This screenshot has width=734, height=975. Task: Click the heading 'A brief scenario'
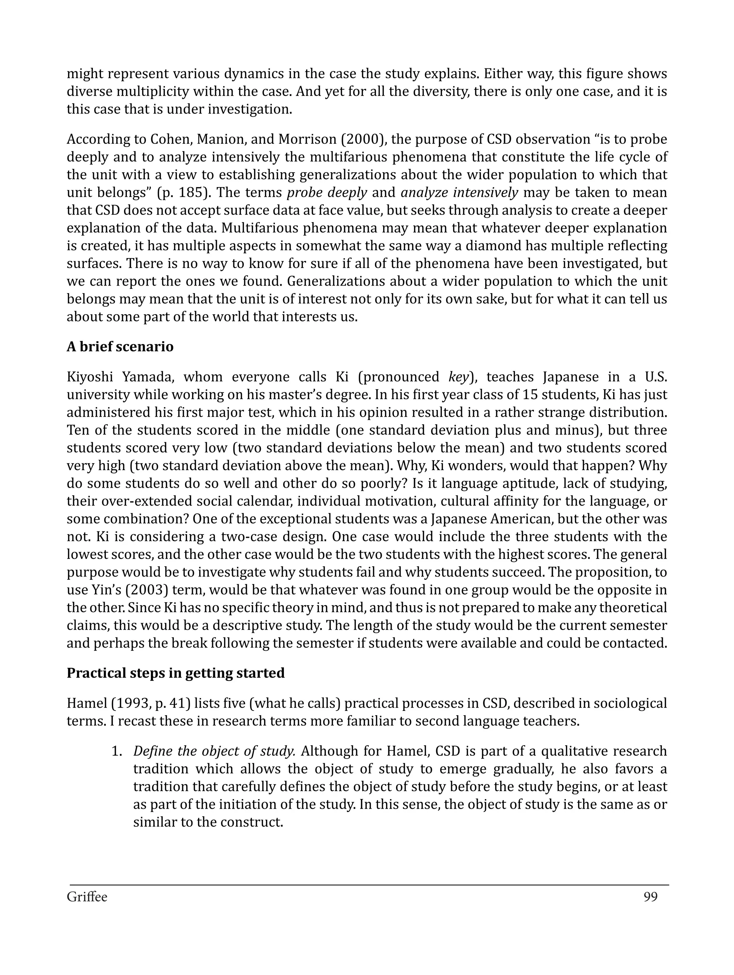(120, 347)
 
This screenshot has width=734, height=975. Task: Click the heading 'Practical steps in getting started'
(176, 673)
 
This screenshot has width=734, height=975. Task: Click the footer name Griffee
(87, 897)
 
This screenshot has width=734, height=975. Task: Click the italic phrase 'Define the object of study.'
(214, 751)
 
